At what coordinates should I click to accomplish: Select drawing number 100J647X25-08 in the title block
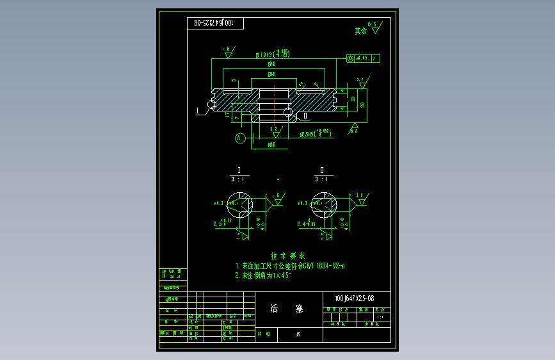click(x=354, y=299)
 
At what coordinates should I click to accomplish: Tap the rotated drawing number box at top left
click(x=216, y=23)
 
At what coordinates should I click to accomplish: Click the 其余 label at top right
click(x=361, y=30)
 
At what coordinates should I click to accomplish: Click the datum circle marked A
click(x=239, y=137)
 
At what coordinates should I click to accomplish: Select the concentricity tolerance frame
click(x=362, y=58)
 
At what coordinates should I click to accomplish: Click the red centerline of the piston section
click(x=276, y=102)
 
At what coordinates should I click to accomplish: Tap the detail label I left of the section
click(x=198, y=111)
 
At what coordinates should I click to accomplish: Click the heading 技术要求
click(x=284, y=255)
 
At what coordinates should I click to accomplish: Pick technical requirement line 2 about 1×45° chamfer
click(x=263, y=275)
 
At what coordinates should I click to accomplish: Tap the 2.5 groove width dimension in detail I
click(x=219, y=224)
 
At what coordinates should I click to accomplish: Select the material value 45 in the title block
click(x=298, y=334)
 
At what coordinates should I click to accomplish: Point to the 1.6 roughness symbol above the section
click(x=227, y=51)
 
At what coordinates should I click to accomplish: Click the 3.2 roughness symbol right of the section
click(x=362, y=81)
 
